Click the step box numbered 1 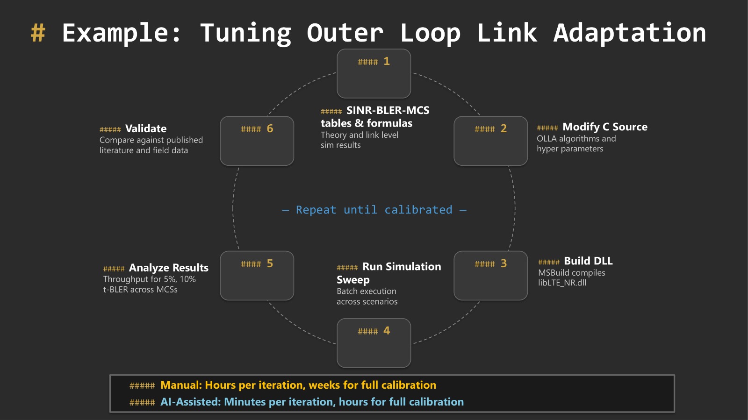coord(374,73)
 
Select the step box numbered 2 coord(490,141)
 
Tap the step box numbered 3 coord(490,276)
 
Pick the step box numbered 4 coord(374,343)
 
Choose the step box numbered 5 coord(257,276)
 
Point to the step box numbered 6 coord(257,141)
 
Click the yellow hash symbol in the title coord(38,33)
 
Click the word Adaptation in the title coord(629,33)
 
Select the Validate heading coord(146,128)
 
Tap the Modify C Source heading coord(604,127)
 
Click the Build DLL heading coord(588,261)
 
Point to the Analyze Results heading coord(168,268)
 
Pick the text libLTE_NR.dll coord(562,283)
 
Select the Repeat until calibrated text coord(374,210)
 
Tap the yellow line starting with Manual coord(298,385)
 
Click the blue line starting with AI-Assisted coord(312,402)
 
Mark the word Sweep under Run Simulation coord(353,280)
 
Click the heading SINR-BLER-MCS coord(388,110)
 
